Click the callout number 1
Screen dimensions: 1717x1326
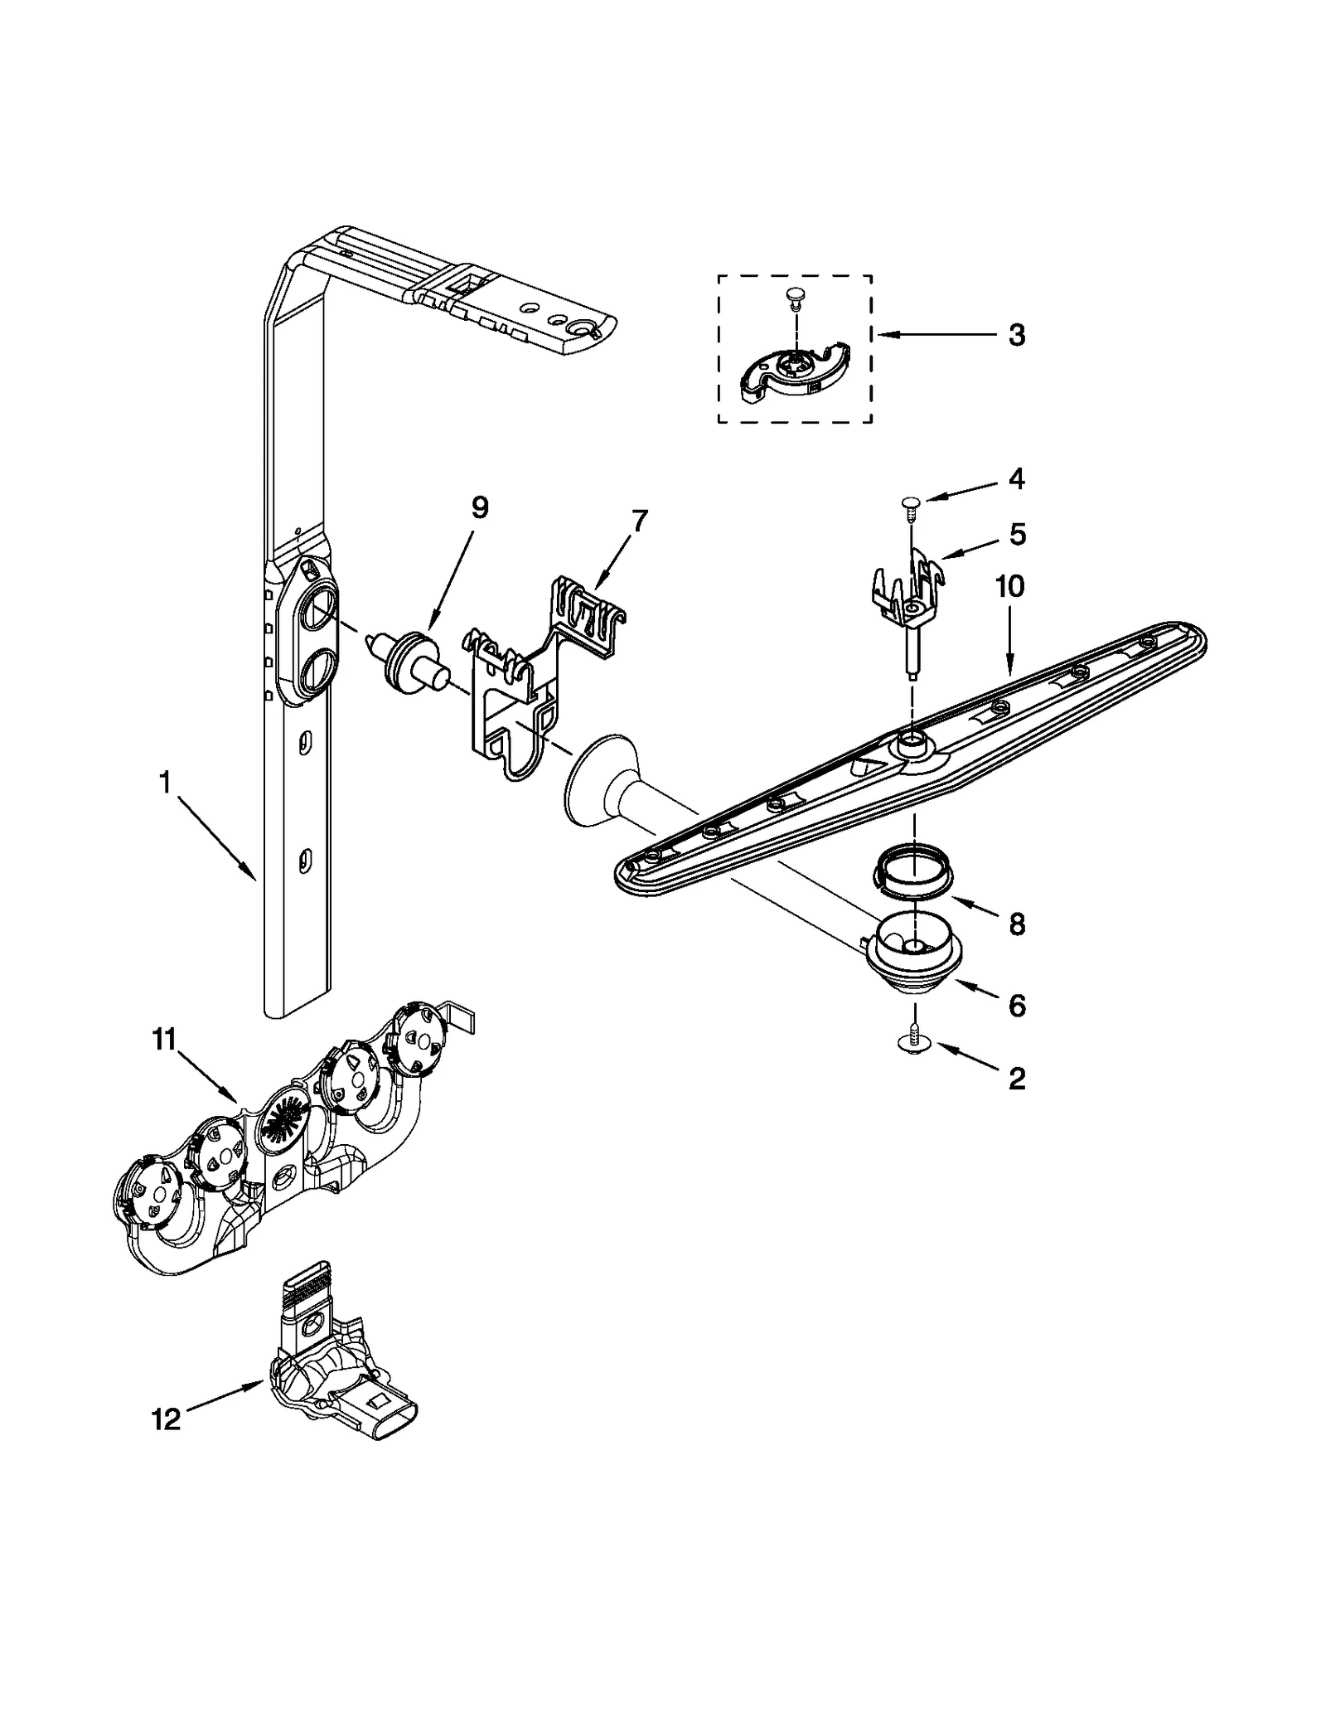point(165,783)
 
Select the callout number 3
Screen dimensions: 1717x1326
point(1016,336)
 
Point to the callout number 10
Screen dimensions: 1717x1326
point(1009,586)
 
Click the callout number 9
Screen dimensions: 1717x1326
point(480,507)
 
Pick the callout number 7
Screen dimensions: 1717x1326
point(639,521)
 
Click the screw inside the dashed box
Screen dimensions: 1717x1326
point(794,295)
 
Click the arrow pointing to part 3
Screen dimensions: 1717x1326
point(936,335)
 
